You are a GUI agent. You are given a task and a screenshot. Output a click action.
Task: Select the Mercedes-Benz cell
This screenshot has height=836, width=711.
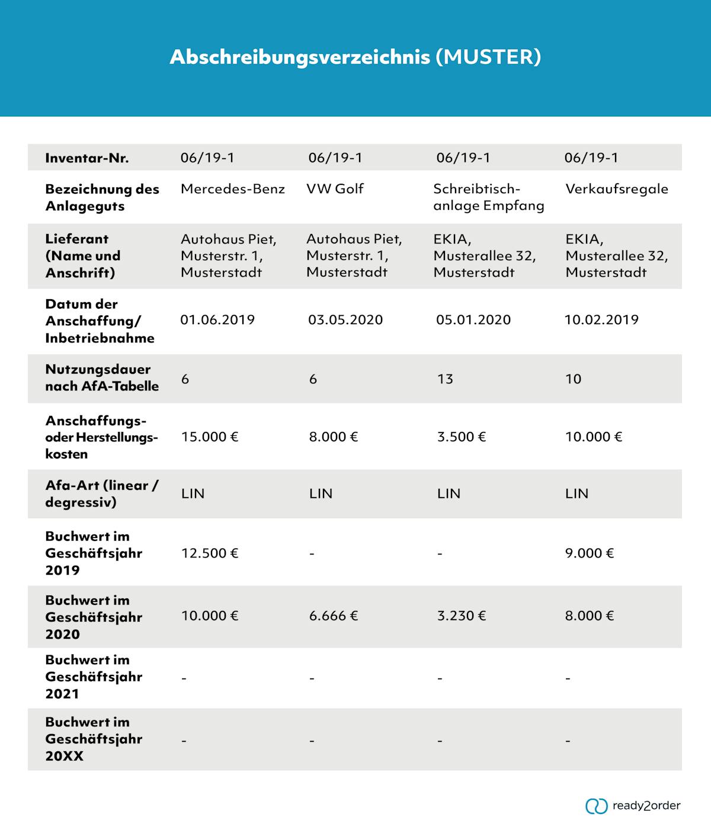tap(232, 189)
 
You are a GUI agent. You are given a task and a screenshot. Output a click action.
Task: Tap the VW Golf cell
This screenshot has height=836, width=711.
tap(335, 189)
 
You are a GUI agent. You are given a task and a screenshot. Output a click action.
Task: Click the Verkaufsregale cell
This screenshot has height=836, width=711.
tap(616, 189)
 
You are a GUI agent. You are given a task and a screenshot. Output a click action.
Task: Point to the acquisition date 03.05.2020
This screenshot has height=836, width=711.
tap(345, 320)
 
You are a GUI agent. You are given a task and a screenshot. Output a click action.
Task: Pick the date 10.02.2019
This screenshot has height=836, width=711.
tap(601, 320)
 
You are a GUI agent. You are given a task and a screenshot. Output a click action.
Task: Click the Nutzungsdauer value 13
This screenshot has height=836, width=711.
tap(445, 379)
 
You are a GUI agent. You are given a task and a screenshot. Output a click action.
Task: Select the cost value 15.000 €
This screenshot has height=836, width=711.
tap(210, 437)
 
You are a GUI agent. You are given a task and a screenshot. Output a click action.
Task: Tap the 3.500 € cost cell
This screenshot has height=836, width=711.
tap(462, 437)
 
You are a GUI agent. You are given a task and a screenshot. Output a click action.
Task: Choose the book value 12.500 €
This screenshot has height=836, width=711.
tap(210, 553)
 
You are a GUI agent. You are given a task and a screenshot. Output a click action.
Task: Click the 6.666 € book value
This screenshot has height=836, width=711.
tap(334, 616)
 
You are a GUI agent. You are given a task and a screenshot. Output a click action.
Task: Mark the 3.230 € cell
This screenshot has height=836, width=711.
tap(462, 616)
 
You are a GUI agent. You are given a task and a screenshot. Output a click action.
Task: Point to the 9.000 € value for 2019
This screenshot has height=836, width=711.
tap(590, 553)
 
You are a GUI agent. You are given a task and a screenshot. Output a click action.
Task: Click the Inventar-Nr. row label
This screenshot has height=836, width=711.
tap(87, 158)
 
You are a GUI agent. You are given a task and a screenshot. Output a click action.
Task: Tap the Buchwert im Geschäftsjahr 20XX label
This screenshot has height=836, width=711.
tap(94, 739)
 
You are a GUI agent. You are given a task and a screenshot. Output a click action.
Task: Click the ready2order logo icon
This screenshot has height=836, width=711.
tap(596, 806)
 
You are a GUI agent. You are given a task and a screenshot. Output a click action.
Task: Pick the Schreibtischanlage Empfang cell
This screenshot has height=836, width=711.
tap(488, 197)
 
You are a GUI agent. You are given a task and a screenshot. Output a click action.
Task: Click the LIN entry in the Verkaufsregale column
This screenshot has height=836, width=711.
tap(577, 494)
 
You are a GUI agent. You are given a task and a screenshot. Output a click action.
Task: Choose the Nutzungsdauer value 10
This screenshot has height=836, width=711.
tap(573, 379)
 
